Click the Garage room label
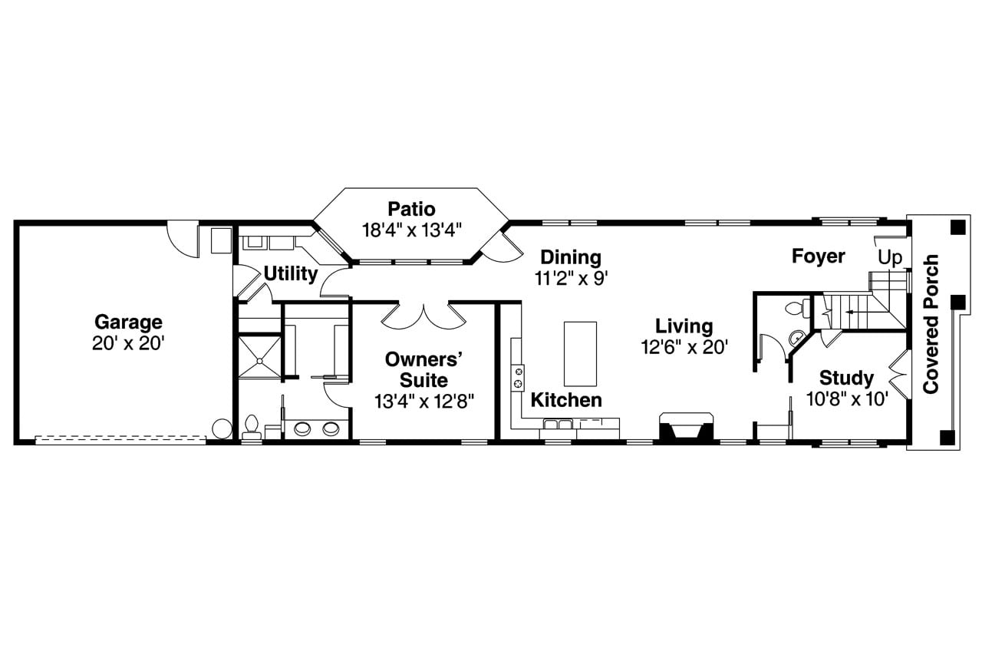(x=128, y=322)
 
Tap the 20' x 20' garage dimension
(x=128, y=343)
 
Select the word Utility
(x=291, y=274)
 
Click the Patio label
(x=411, y=209)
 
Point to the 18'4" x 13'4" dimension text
(x=411, y=230)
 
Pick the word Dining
(x=571, y=257)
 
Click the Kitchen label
(x=566, y=400)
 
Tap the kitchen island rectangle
(x=580, y=353)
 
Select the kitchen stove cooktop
(x=519, y=376)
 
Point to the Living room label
(x=684, y=326)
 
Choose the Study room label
(x=846, y=378)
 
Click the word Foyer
(x=819, y=256)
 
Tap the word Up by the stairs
(x=890, y=258)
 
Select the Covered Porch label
(x=931, y=326)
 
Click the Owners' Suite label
(x=424, y=369)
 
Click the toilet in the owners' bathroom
(x=252, y=427)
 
